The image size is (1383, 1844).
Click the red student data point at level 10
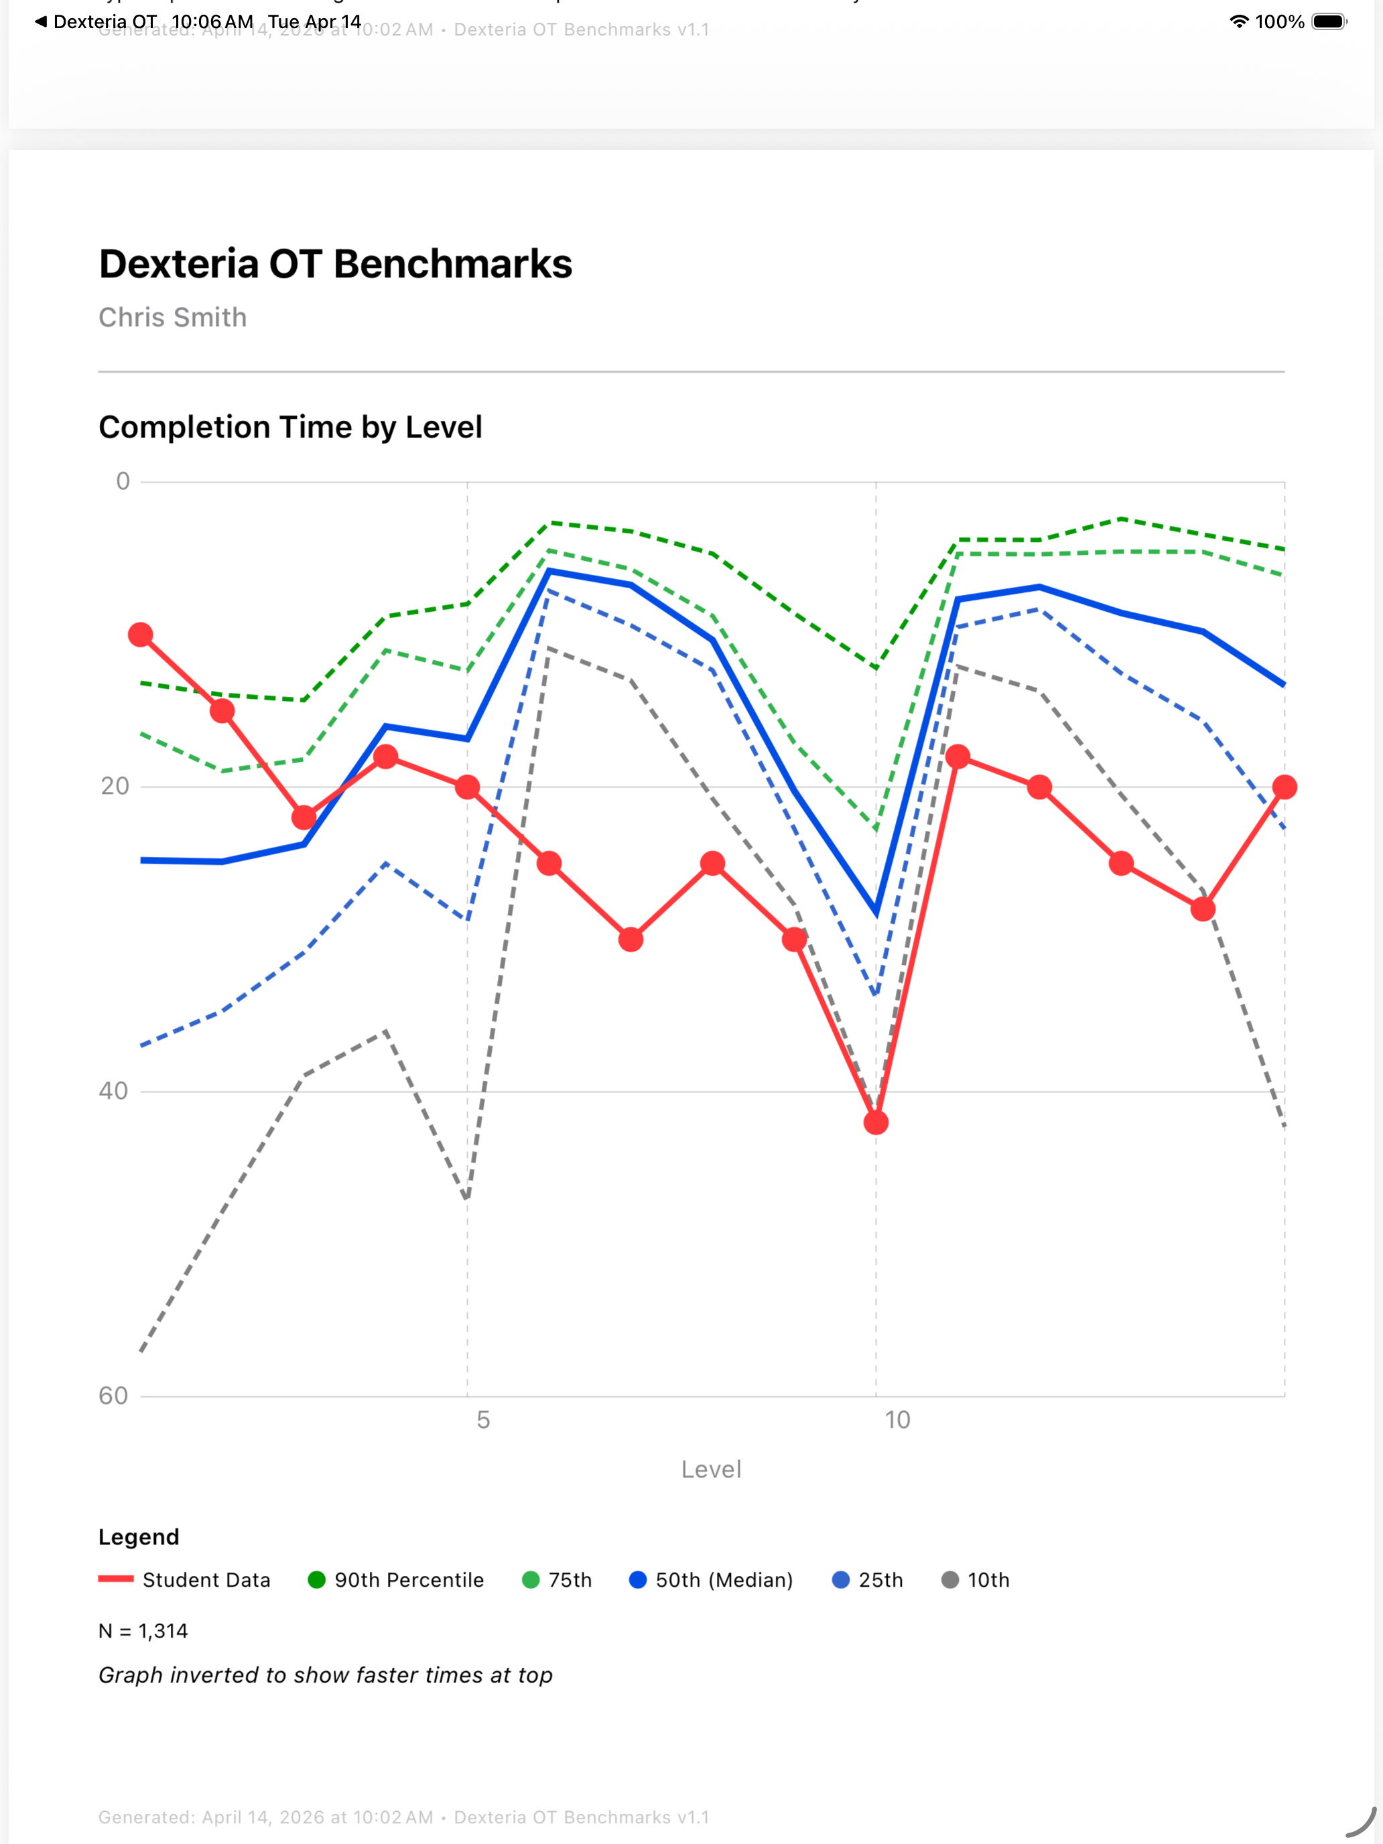pos(875,1122)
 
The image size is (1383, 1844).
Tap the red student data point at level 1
pos(140,635)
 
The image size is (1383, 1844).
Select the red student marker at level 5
pos(467,787)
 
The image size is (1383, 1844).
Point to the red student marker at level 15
pos(1284,787)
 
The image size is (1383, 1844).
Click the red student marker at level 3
pos(304,817)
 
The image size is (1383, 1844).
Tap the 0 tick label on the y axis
pos(123,481)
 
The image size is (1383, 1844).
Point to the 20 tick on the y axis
pos(115,786)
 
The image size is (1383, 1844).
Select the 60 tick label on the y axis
pos(113,1396)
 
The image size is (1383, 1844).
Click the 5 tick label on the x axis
pos(482,1420)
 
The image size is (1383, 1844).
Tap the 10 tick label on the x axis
pos(897,1420)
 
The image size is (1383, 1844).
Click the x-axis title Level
pos(710,1469)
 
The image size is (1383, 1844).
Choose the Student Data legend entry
pos(185,1580)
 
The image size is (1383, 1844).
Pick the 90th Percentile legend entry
pos(396,1580)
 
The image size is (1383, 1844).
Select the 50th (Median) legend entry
pos(711,1580)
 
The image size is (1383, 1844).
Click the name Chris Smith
pos(173,317)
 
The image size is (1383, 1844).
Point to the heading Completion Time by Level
pos(290,427)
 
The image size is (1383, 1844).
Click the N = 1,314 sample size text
pos(143,1631)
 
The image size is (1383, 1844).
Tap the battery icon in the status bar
pos(1329,21)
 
